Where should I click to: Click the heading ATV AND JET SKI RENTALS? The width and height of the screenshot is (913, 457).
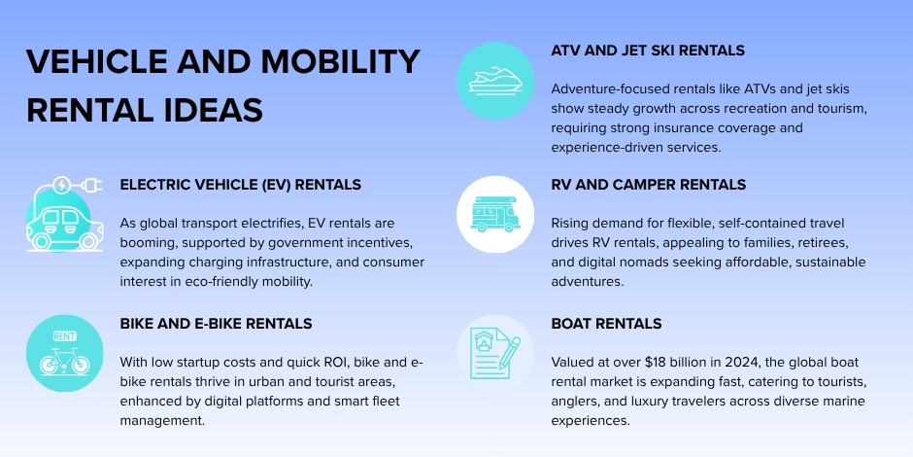[x=648, y=50]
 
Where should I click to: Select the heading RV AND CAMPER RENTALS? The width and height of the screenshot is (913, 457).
[x=648, y=184]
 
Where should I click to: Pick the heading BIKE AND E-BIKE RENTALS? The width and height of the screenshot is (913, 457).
[x=216, y=323]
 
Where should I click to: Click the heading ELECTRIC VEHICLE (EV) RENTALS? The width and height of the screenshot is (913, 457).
[x=240, y=184]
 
